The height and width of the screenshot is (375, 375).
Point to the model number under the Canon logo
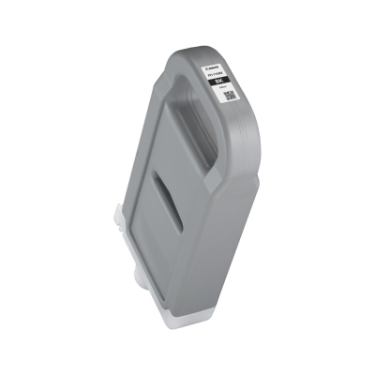(216, 74)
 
